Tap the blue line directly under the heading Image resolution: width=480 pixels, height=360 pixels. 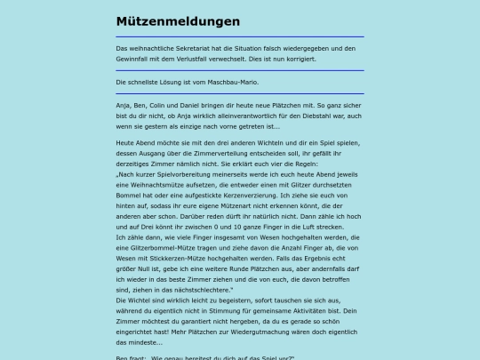pos(240,37)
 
